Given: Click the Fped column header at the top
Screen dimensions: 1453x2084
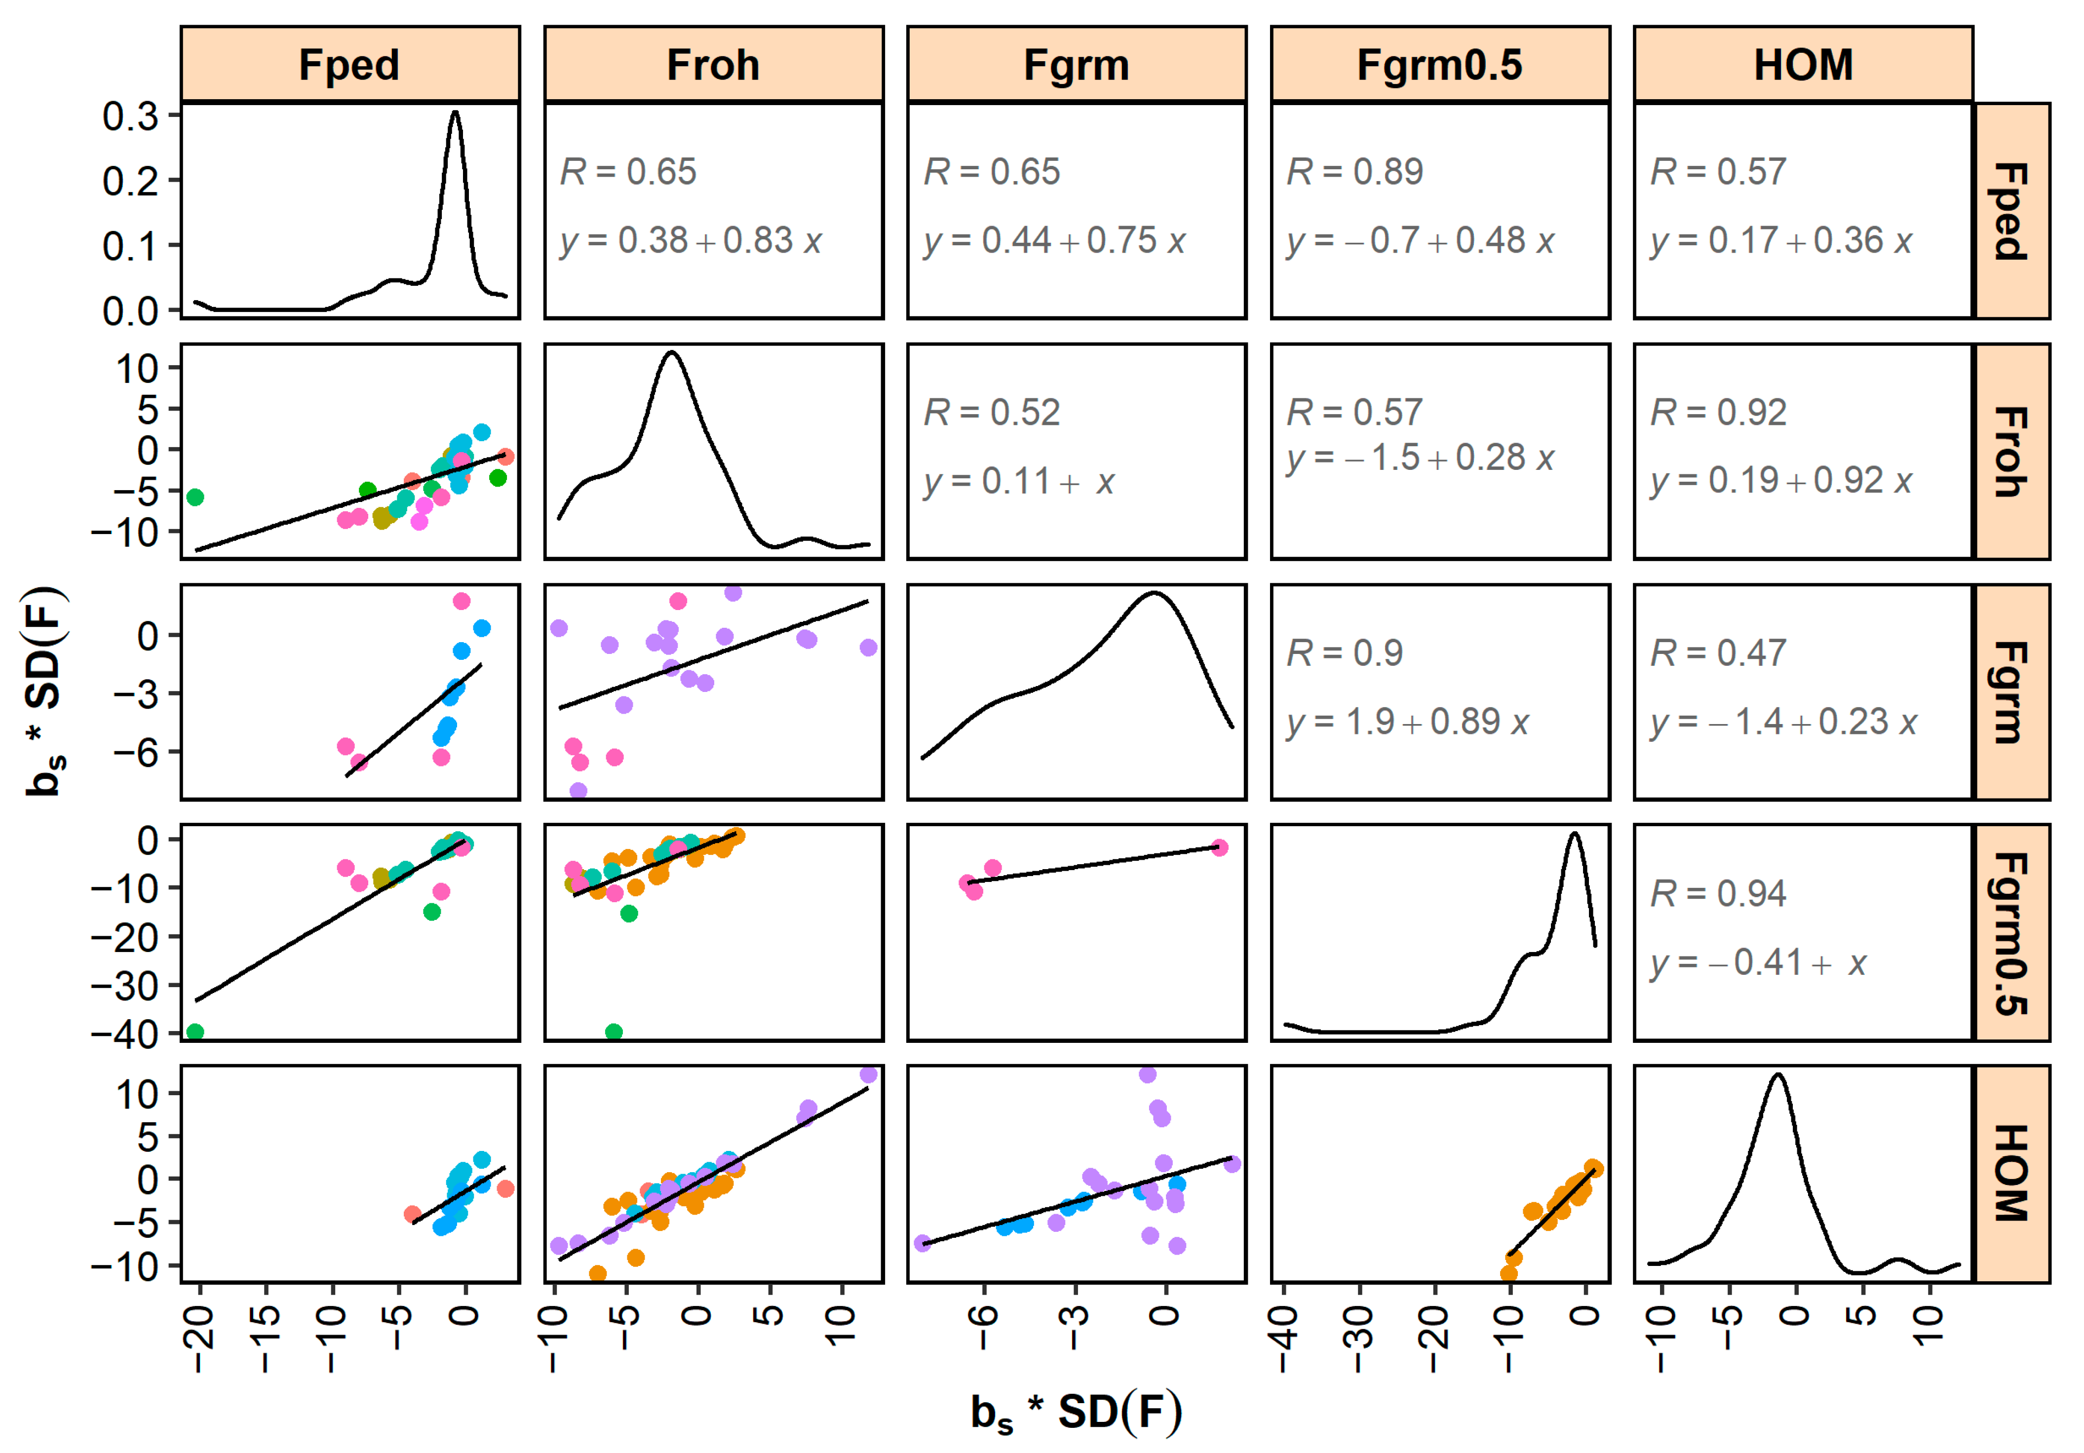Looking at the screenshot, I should [349, 65].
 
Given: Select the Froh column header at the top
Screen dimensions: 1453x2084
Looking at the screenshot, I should [713, 65].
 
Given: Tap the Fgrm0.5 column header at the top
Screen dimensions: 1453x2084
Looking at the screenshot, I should [1439, 65].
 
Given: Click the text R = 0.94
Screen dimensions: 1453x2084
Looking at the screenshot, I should [1717, 894].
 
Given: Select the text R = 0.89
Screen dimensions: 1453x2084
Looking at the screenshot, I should [1354, 172].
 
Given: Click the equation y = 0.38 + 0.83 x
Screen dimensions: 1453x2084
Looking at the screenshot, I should [691, 240].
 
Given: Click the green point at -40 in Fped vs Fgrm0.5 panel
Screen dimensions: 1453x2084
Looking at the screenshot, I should [194, 1032].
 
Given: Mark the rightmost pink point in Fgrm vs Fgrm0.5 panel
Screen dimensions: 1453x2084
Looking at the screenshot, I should [1219, 847].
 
